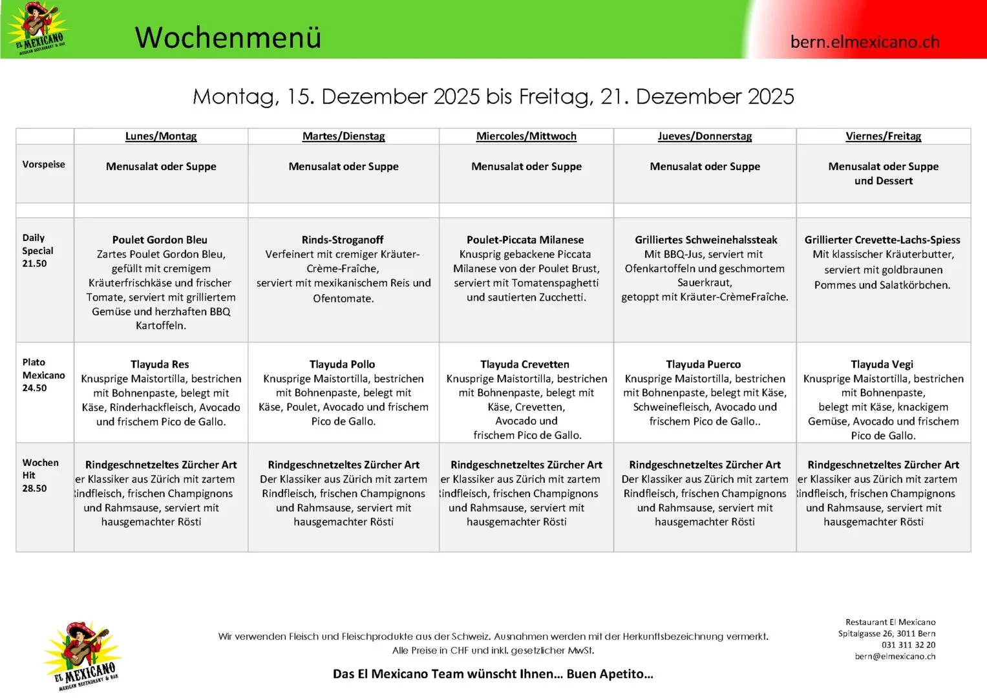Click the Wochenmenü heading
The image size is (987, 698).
tap(228, 37)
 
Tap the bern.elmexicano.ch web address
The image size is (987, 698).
tap(864, 42)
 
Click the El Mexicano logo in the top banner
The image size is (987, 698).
tap(39, 29)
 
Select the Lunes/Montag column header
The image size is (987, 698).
tap(161, 136)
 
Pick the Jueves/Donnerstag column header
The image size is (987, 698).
tap(705, 136)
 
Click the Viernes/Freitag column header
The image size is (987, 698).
tap(883, 136)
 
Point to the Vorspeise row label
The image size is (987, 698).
tap(44, 164)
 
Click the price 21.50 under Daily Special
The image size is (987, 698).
tap(35, 264)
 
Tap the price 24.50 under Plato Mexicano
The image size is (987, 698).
tap(35, 388)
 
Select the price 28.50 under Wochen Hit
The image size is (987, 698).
tap(35, 489)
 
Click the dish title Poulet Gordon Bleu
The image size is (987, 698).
tap(160, 240)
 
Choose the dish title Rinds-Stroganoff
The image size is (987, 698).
tap(343, 240)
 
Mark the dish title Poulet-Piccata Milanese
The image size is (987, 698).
tap(525, 240)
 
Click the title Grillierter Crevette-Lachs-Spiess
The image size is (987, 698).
tap(882, 240)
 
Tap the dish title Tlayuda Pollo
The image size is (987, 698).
tap(342, 365)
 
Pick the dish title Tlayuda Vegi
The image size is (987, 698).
tap(882, 365)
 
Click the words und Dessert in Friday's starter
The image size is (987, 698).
tap(883, 181)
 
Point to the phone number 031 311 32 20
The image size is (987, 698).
tap(908, 645)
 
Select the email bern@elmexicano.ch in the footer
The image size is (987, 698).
tap(895, 657)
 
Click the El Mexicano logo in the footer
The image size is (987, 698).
tap(83, 655)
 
